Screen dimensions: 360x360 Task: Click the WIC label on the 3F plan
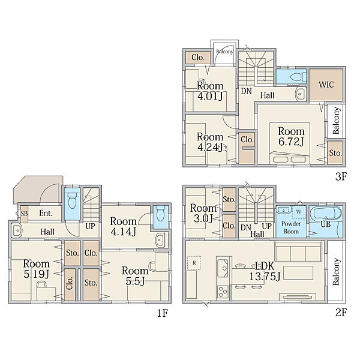[326, 85]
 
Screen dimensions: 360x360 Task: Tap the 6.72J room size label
[291, 142]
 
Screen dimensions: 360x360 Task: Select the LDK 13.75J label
[265, 271]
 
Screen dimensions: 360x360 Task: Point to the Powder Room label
[291, 227]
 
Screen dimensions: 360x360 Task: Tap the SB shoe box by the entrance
[24, 214]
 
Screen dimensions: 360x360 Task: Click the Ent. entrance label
[46, 213]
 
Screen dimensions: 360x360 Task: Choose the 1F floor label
[163, 313]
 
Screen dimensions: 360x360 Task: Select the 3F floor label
[341, 176]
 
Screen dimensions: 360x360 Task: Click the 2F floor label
[341, 313]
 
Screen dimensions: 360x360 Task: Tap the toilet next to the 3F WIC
[298, 76]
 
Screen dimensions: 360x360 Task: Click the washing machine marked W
[299, 212]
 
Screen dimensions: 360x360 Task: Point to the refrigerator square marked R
[194, 263]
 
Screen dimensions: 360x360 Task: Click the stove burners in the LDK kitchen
[223, 292]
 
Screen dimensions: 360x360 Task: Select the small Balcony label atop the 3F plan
[225, 52]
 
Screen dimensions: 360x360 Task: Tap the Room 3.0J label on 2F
[203, 213]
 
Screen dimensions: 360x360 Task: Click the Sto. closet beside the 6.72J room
[335, 153]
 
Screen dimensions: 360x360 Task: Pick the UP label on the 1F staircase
[90, 226]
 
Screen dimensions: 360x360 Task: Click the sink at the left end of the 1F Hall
[17, 230]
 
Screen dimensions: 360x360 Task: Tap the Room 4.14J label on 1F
[123, 226]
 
